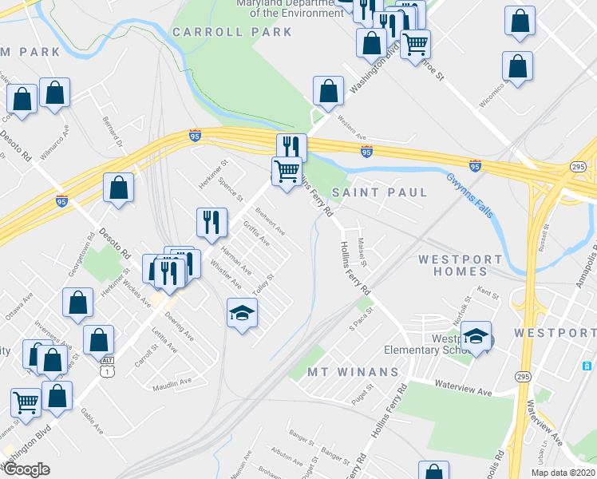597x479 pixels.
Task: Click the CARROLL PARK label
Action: [x=232, y=32]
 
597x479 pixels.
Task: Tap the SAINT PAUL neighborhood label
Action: [x=380, y=192]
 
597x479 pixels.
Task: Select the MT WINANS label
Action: [x=354, y=372]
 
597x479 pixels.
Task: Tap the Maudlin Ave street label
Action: [x=173, y=382]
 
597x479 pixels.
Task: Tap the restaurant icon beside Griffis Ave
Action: [x=212, y=222]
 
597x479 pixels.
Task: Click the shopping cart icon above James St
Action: [x=26, y=401]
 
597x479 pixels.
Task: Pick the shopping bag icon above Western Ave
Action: [x=328, y=91]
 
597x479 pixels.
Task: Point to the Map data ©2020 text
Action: [x=562, y=473]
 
